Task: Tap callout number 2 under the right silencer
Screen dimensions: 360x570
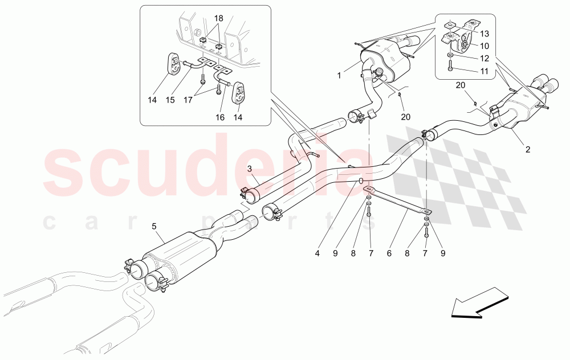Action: [x=527, y=150]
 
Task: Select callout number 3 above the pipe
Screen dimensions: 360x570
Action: [x=249, y=169]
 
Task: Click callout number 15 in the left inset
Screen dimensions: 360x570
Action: [x=170, y=100]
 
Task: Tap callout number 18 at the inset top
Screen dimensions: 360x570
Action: [x=219, y=19]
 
